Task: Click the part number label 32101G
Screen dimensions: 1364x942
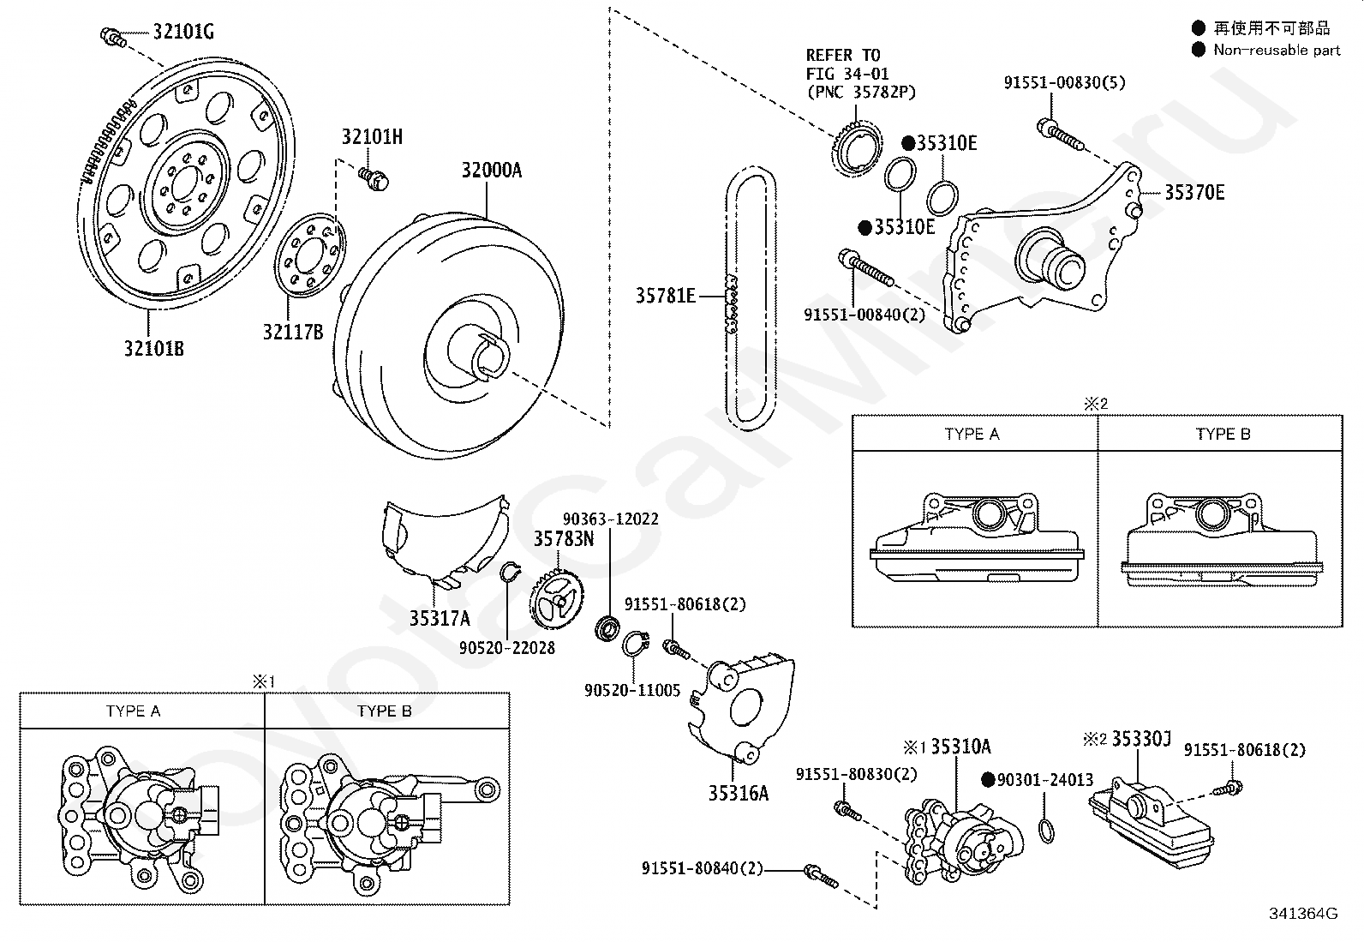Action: [183, 31]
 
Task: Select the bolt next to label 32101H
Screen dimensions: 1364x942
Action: [374, 178]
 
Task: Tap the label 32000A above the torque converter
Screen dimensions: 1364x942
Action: [492, 170]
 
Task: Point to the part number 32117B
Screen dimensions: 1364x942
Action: [293, 332]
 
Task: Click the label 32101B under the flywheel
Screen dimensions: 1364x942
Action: [154, 349]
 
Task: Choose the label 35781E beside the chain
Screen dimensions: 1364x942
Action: [666, 296]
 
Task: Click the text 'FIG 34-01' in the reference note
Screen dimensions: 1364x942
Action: [847, 74]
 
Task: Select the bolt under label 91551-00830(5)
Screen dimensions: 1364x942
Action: [1060, 135]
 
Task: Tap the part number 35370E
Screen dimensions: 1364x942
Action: [1194, 193]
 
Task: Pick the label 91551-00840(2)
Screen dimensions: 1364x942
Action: [864, 315]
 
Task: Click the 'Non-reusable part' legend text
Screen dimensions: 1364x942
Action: [1277, 50]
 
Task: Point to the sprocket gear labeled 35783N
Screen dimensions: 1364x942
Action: [557, 599]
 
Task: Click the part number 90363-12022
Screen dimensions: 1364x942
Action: [611, 519]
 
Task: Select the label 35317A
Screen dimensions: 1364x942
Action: [440, 619]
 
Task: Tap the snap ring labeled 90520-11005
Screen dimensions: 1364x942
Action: [636, 644]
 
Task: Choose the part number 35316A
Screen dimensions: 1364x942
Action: [739, 794]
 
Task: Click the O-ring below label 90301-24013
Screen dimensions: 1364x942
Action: [1046, 831]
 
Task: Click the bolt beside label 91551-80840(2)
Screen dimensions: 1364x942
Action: [821, 876]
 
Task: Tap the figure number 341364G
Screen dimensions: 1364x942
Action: [1304, 914]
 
